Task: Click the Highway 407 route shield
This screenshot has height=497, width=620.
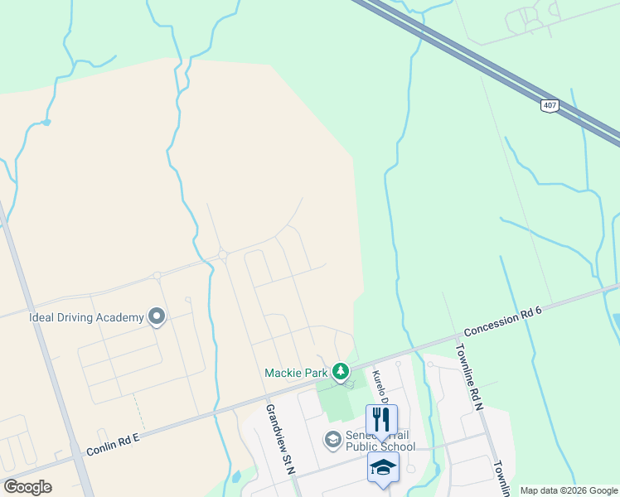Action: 550,105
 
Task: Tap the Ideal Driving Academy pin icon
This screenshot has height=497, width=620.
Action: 156,316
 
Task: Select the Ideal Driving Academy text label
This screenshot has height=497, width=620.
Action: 86,316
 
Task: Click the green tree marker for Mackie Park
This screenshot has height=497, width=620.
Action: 340,372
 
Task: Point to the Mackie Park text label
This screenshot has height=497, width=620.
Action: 296,373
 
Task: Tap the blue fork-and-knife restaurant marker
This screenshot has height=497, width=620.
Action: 381,419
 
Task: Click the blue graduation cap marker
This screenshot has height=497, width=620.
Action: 383,467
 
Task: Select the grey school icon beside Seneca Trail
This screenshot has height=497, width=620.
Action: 332,439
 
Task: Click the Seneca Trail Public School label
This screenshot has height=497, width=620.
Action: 379,440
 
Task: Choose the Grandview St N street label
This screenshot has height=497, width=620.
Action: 280,438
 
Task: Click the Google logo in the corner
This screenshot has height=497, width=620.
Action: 28,487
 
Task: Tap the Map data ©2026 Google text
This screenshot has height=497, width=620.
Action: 569,490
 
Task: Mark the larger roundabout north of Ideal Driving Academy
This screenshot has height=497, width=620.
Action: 222,254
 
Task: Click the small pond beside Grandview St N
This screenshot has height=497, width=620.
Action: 236,476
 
